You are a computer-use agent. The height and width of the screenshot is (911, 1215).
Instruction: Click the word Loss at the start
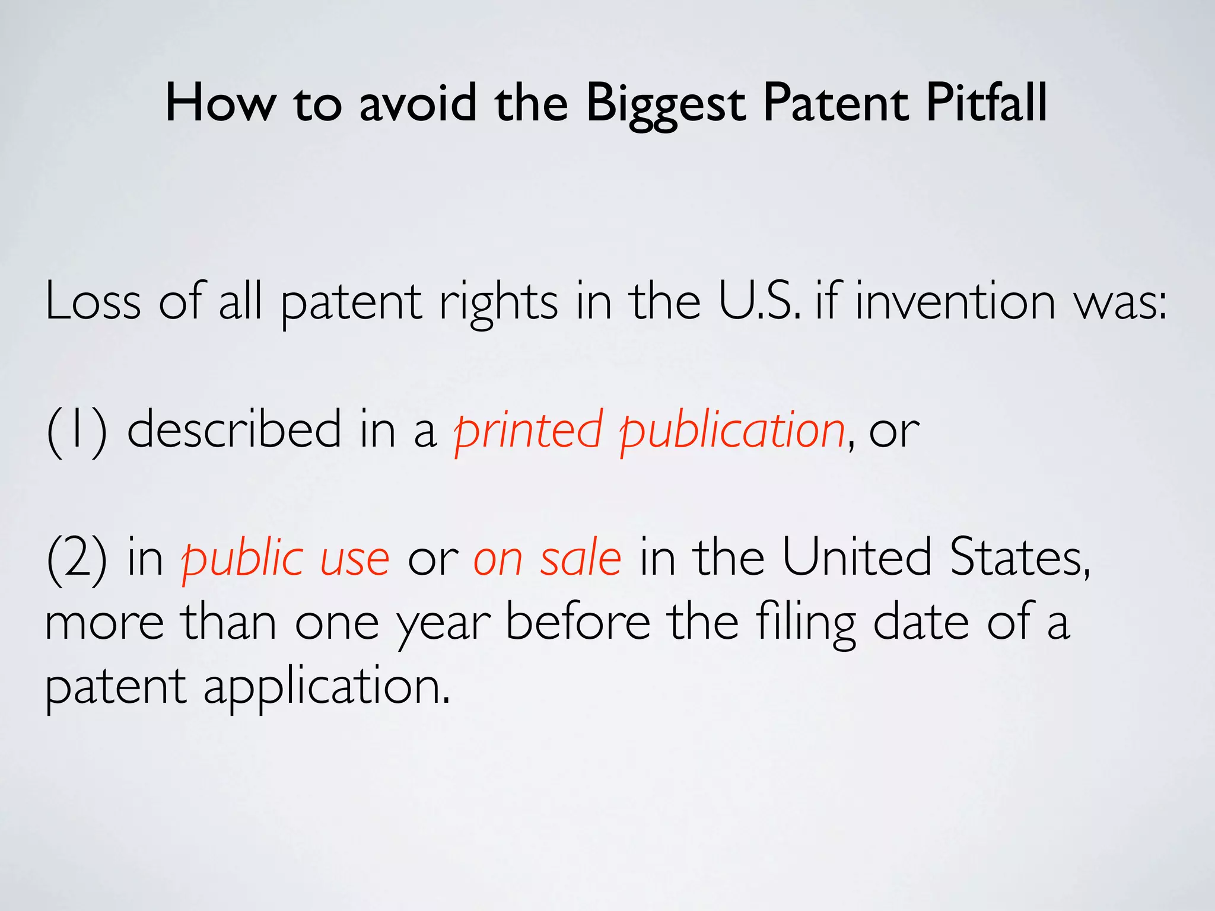pyautogui.click(x=93, y=301)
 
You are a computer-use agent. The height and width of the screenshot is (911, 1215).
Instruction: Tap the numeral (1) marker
pyautogui.click(x=77, y=430)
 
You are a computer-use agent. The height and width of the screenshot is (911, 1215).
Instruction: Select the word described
pyautogui.click(x=234, y=430)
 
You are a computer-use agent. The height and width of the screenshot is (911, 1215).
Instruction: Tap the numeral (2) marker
pyautogui.click(x=77, y=559)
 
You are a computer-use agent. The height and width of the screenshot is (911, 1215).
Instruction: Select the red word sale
pyautogui.click(x=580, y=559)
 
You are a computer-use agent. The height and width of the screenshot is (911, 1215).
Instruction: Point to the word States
pyautogui.click(x=1019, y=559)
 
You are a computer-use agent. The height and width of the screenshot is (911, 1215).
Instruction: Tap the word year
pyautogui.click(x=444, y=624)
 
